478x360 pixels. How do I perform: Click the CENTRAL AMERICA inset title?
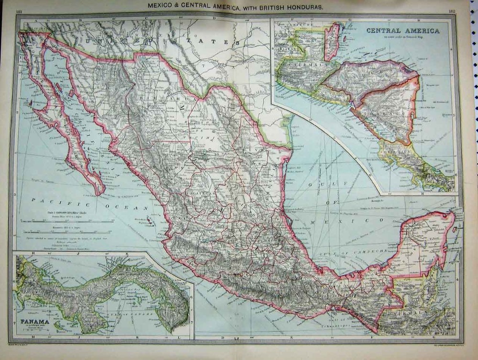[x=402, y=30]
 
